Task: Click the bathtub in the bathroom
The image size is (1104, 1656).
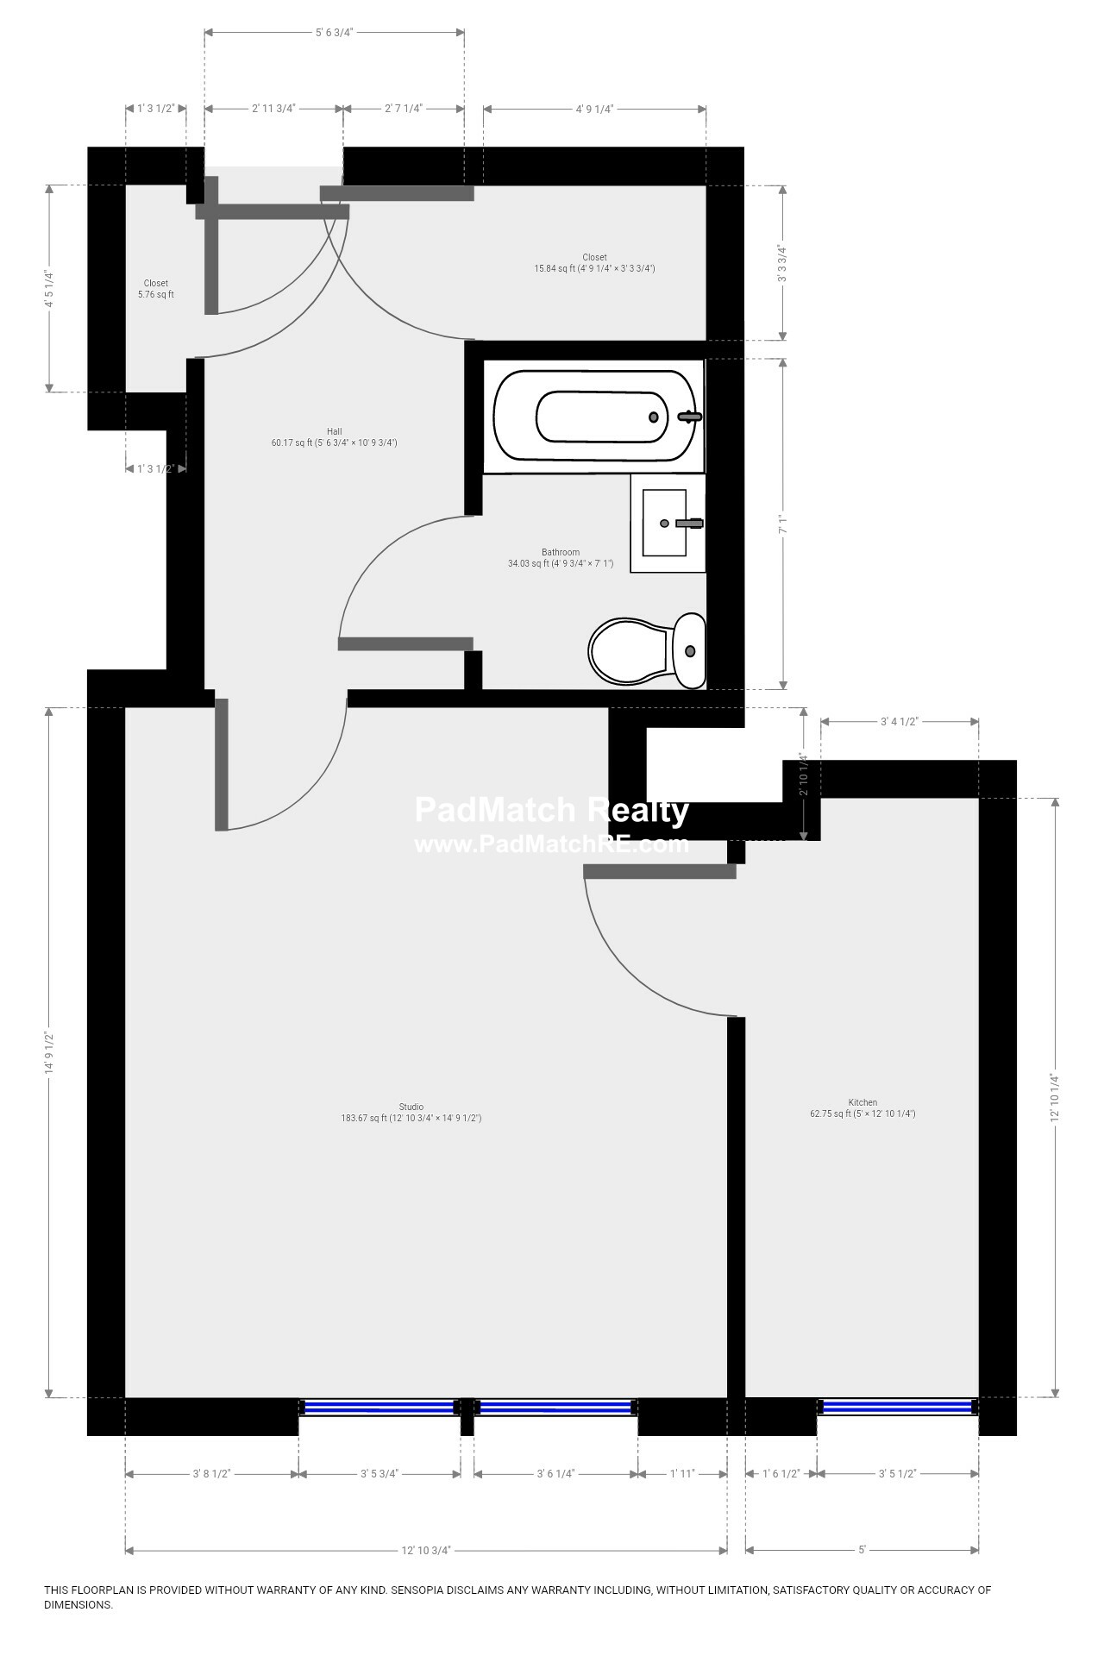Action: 593,416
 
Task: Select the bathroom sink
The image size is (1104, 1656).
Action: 666,523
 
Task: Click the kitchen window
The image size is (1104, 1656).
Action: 898,1407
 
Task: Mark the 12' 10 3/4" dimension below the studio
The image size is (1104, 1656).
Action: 426,1550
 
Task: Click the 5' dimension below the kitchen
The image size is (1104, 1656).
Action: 862,1550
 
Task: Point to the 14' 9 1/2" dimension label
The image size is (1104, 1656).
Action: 49,1052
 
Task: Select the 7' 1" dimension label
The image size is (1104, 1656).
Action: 783,524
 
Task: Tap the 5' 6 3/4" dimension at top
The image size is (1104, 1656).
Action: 334,32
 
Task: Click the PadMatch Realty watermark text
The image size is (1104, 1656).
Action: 552,811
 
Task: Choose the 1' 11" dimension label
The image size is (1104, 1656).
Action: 682,1474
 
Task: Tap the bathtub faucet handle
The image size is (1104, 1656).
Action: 690,417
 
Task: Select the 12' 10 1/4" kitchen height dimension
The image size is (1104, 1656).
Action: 1055,1096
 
